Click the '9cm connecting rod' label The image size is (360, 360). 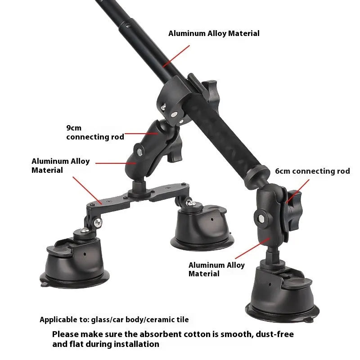95,132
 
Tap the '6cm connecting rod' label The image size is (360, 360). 312,171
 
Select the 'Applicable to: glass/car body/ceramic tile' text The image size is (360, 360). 114,320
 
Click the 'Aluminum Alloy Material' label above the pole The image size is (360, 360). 214,33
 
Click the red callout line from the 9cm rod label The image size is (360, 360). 141,133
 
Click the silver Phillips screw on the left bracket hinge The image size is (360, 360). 98,222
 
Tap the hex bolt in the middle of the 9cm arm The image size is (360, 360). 139,152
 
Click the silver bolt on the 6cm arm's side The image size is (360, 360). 261,218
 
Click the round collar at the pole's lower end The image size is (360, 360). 256,176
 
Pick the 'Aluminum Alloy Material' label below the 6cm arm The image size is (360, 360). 216,269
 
